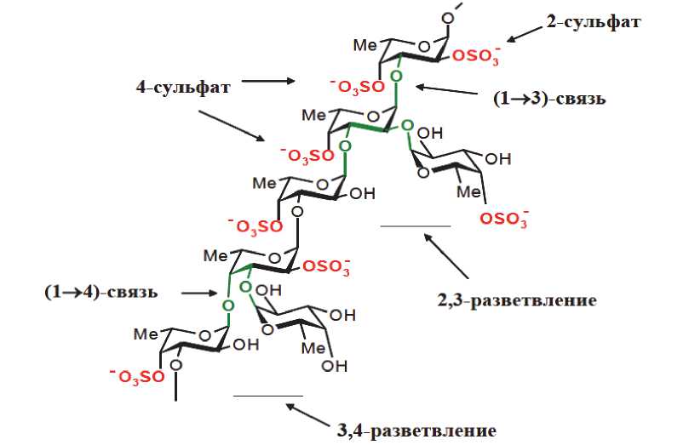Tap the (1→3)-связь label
pyautogui.click(x=549, y=99)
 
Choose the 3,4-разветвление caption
pyautogui.click(x=416, y=429)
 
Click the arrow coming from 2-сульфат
pyautogui.click(x=525, y=33)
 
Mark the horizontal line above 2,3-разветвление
pyautogui.click(x=415, y=226)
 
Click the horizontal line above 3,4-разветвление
pyautogui.click(x=267, y=395)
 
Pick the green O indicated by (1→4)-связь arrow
pyautogui.click(x=227, y=305)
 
